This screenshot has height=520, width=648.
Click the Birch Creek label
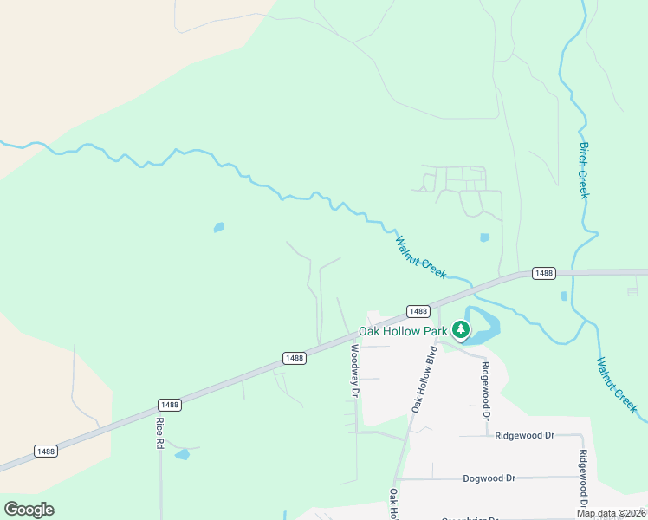click(x=584, y=170)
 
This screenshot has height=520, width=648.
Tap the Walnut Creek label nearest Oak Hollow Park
click(x=421, y=257)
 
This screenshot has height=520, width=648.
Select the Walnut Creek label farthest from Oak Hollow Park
click(x=618, y=382)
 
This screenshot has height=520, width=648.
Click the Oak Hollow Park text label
click(x=403, y=331)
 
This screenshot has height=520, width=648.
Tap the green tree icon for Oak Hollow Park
click(x=461, y=329)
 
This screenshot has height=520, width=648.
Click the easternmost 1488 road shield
click(x=543, y=273)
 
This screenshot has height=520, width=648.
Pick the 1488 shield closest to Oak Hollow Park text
click(x=418, y=311)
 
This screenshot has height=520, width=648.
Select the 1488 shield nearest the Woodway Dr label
click(x=295, y=358)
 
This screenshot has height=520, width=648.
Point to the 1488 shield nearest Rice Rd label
click(x=170, y=405)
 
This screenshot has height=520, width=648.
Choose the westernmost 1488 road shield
click(x=46, y=451)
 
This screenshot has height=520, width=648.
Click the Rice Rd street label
click(x=160, y=432)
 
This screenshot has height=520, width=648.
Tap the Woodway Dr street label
click(x=354, y=370)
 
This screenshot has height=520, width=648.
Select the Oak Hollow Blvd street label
click(x=423, y=380)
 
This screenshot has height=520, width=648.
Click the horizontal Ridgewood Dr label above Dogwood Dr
click(x=524, y=436)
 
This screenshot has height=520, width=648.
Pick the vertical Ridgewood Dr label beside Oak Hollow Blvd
click(x=486, y=391)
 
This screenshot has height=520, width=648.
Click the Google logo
click(x=29, y=510)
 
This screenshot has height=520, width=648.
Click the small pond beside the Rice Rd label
click(x=182, y=454)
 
